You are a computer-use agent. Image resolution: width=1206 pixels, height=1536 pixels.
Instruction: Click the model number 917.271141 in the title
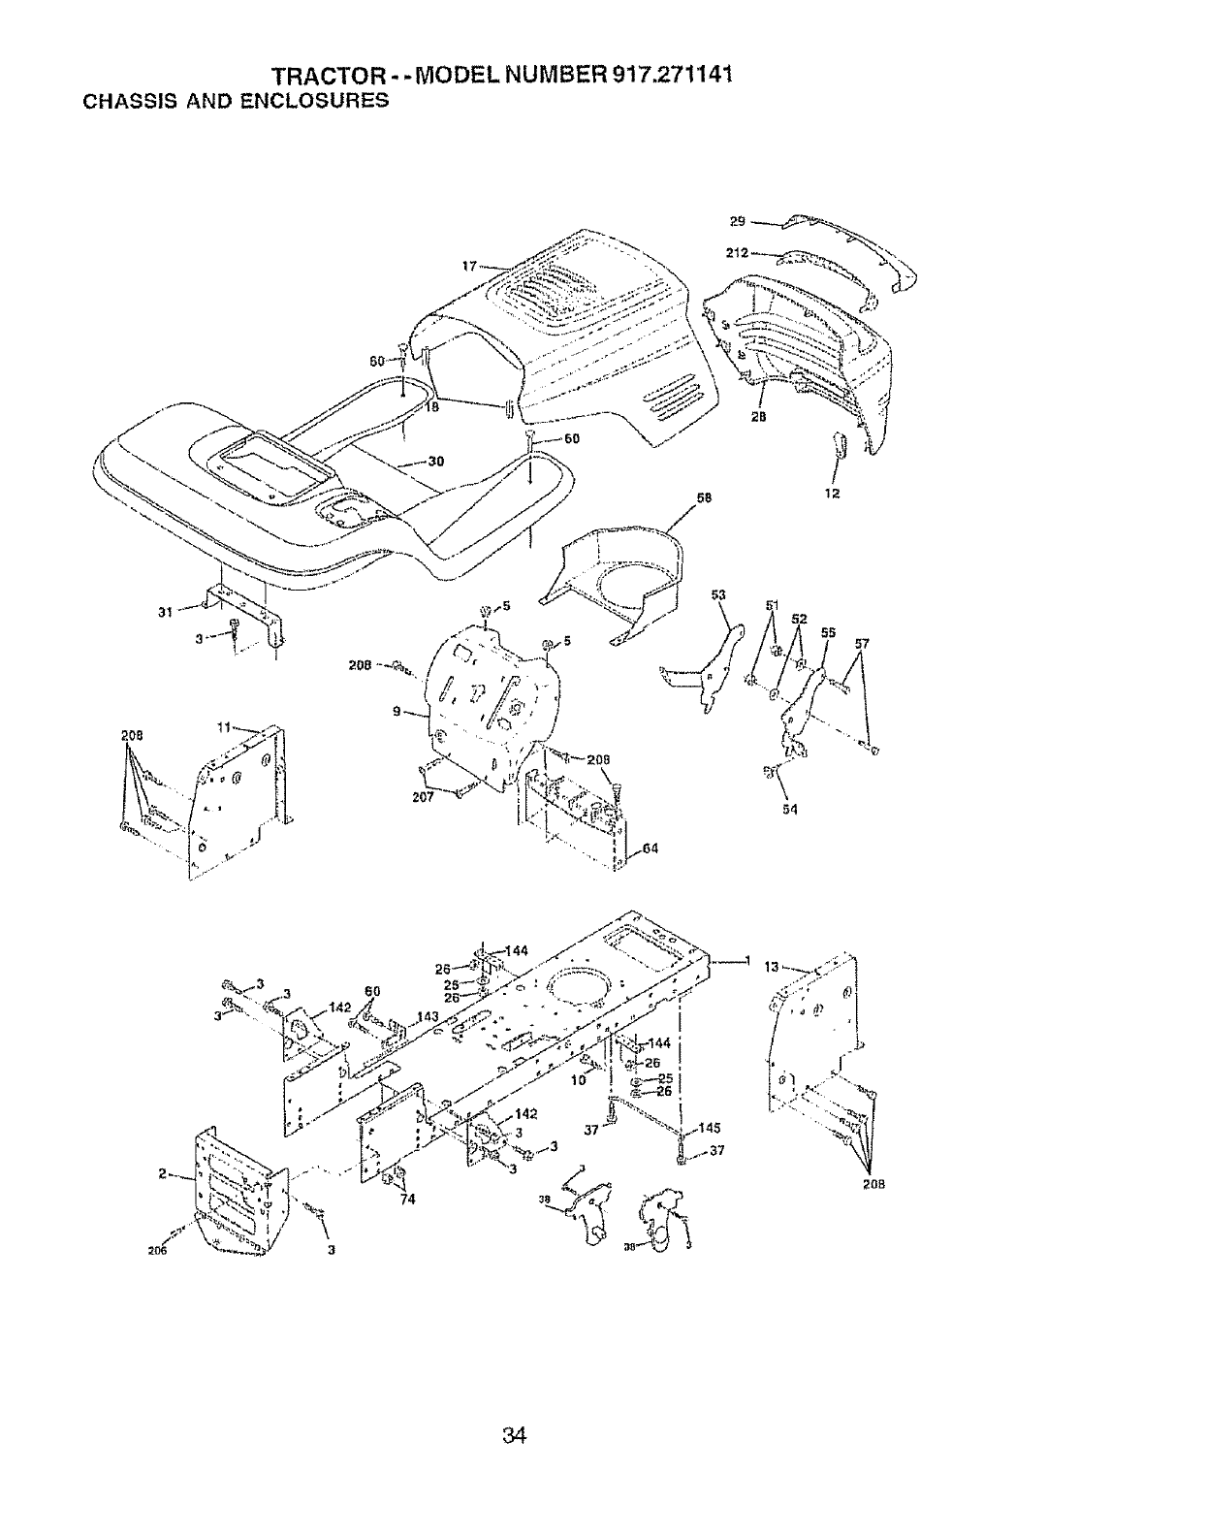[x=664, y=77]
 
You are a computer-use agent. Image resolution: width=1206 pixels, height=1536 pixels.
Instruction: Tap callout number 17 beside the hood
[x=469, y=265]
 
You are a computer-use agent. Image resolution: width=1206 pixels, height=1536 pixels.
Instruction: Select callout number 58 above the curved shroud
[x=704, y=497]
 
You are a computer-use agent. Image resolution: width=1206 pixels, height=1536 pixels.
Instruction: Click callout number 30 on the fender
[x=435, y=462]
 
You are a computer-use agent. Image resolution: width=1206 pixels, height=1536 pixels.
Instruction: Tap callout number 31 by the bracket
[x=165, y=612]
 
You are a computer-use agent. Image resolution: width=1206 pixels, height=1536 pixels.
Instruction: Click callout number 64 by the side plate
[x=650, y=849]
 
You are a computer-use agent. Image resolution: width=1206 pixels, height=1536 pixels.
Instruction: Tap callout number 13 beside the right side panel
[x=772, y=967]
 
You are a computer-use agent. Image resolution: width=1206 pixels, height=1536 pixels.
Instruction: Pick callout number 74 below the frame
[x=407, y=1199]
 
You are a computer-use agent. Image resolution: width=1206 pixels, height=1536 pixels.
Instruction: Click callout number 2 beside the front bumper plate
[x=162, y=1176]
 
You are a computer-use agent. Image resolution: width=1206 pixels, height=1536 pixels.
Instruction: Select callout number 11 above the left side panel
[x=222, y=726]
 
